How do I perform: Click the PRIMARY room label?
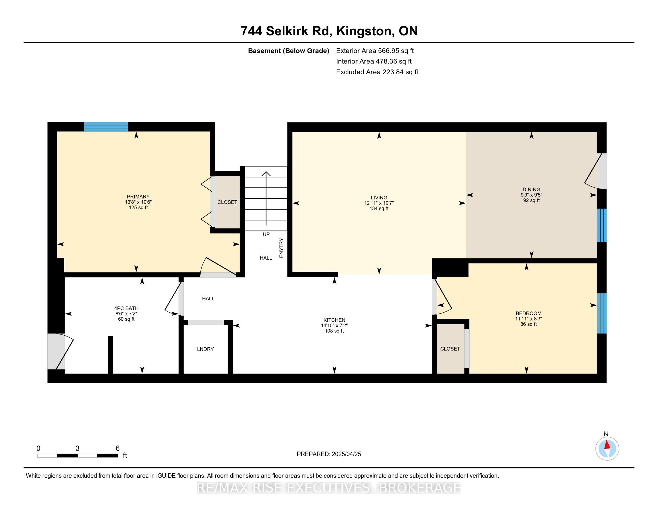[x=138, y=197]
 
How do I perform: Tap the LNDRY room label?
[x=205, y=349]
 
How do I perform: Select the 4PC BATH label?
[x=126, y=308]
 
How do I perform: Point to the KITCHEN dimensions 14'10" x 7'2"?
[x=334, y=326]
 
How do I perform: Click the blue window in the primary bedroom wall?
[x=106, y=127]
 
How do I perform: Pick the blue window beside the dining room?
[x=602, y=225]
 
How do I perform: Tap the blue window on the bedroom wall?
[x=602, y=313]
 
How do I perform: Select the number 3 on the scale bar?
[x=77, y=449]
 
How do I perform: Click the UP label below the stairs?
[x=266, y=234]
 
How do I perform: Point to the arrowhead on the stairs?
[x=266, y=174]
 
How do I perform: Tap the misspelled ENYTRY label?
[x=281, y=248]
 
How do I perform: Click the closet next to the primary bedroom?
[x=227, y=202]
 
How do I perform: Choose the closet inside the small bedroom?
[x=450, y=349]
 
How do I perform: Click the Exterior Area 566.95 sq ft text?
[x=375, y=51]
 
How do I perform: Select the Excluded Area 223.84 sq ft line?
[x=377, y=72]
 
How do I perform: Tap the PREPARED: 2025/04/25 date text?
[x=329, y=454]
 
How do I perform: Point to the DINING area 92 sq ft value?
[x=531, y=200]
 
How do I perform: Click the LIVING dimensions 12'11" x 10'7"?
[x=379, y=203]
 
